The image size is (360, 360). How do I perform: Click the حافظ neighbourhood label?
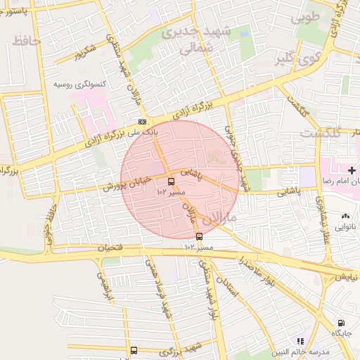coord(27,41)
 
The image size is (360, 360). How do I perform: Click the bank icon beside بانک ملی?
coord(143,122)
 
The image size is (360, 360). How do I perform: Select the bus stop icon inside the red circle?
coord(172,181)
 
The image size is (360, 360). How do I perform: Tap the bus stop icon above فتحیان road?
coord(199,236)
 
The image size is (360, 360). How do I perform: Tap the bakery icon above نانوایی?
coord(345,217)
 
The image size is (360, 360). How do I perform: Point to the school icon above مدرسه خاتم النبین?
coord(300,340)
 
